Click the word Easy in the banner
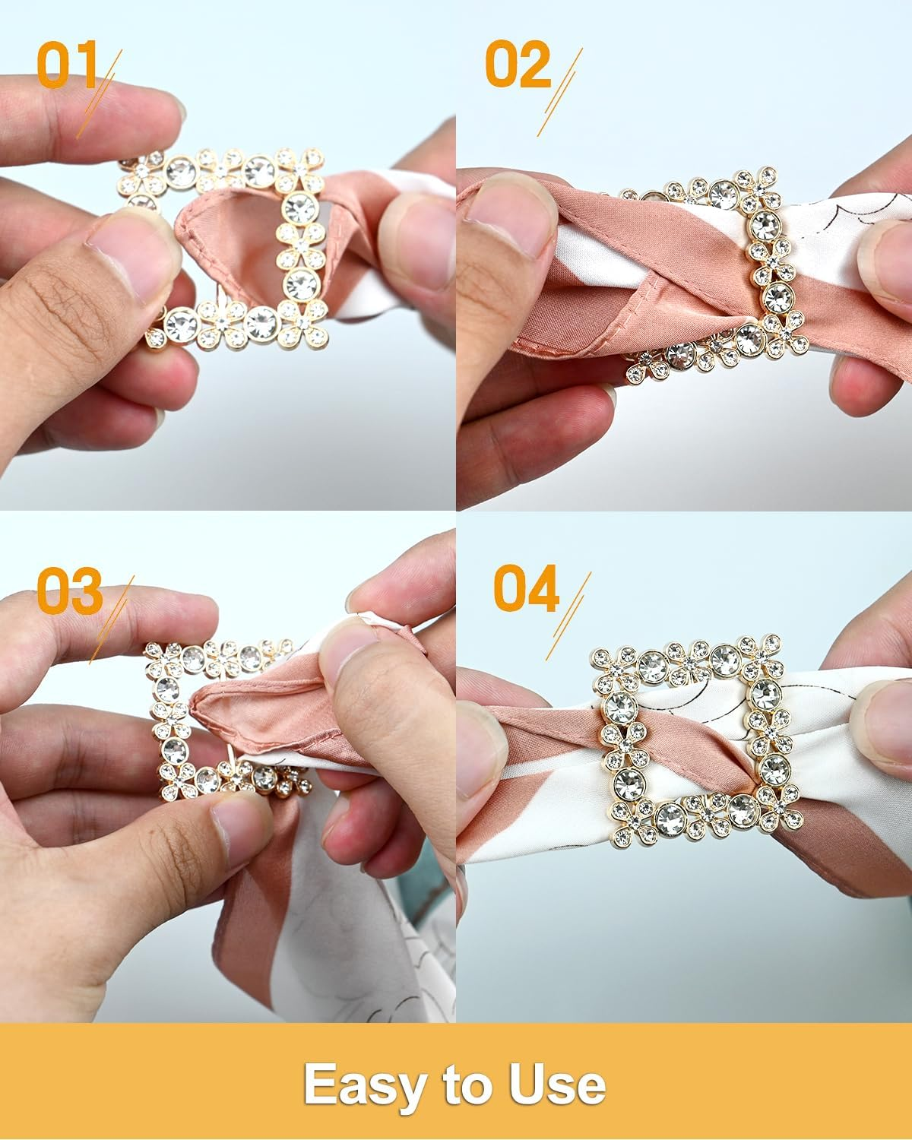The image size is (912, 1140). (363, 1085)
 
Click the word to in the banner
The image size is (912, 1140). (465, 1085)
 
